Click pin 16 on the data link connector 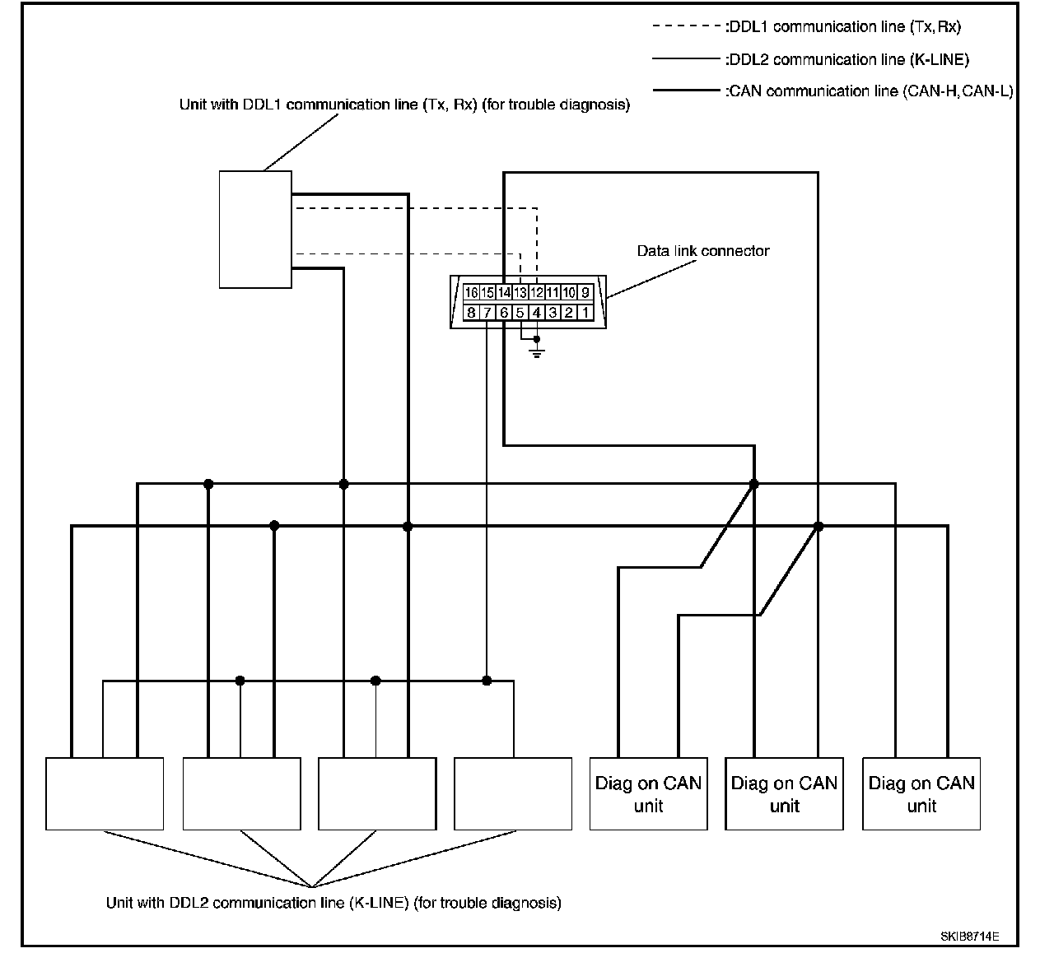tap(471, 292)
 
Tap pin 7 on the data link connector tap(487, 313)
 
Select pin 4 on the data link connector tap(536, 313)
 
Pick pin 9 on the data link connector tap(585, 292)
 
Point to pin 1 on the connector tap(585, 313)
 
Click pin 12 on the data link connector tap(536, 292)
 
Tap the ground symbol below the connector tap(537, 353)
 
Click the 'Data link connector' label tap(702, 251)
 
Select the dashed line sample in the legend tap(686, 27)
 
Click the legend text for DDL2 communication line tap(847, 59)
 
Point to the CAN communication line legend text tap(869, 91)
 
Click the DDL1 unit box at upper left tap(255, 230)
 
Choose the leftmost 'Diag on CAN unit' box tap(648, 793)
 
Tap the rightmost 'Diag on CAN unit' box tap(921, 793)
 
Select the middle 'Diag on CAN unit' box tap(784, 793)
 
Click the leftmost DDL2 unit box tap(105, 793)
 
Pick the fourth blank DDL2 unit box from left tap(512, 793)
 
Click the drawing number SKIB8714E tap(970, 937)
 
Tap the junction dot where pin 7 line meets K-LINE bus tap(487, 681)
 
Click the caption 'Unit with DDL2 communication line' tap(333, 903)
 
